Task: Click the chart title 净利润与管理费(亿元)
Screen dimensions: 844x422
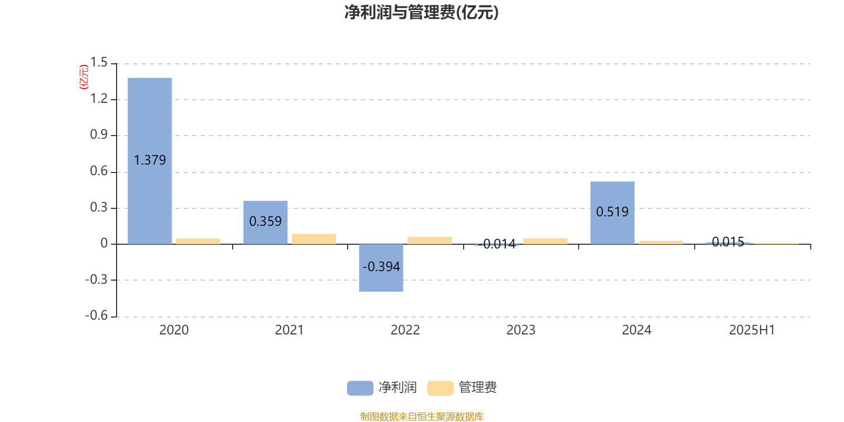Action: coord(421,12)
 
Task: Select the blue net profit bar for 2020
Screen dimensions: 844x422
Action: coord(150,161)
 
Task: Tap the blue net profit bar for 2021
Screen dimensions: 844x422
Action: coord(265,222)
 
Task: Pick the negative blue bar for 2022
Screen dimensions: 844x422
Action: coord(381,268)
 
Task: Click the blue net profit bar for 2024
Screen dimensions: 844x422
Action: coord(612,213)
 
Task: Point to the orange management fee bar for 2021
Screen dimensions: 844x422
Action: coord(314,239)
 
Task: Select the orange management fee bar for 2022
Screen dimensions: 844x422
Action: coord(429,241)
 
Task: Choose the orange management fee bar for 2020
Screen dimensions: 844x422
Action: coord(198,241)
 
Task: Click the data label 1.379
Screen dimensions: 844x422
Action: coord(150,160)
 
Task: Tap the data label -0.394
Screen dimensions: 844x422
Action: coord(381,267)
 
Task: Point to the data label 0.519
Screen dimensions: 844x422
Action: coord(612,212)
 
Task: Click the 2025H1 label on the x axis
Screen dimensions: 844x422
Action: coord(752,330)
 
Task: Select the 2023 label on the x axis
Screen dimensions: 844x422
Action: coord(521,330)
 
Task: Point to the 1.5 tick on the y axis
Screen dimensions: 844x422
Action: coord(99,63)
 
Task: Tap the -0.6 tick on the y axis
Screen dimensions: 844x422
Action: coord(97,315)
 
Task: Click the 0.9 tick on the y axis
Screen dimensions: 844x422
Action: coord(99,135)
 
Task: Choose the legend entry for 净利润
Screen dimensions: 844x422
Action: coord(382,388)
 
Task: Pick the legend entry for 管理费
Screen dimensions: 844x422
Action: coord(462,388)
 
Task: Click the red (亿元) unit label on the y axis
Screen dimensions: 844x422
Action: coord(84,77)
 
